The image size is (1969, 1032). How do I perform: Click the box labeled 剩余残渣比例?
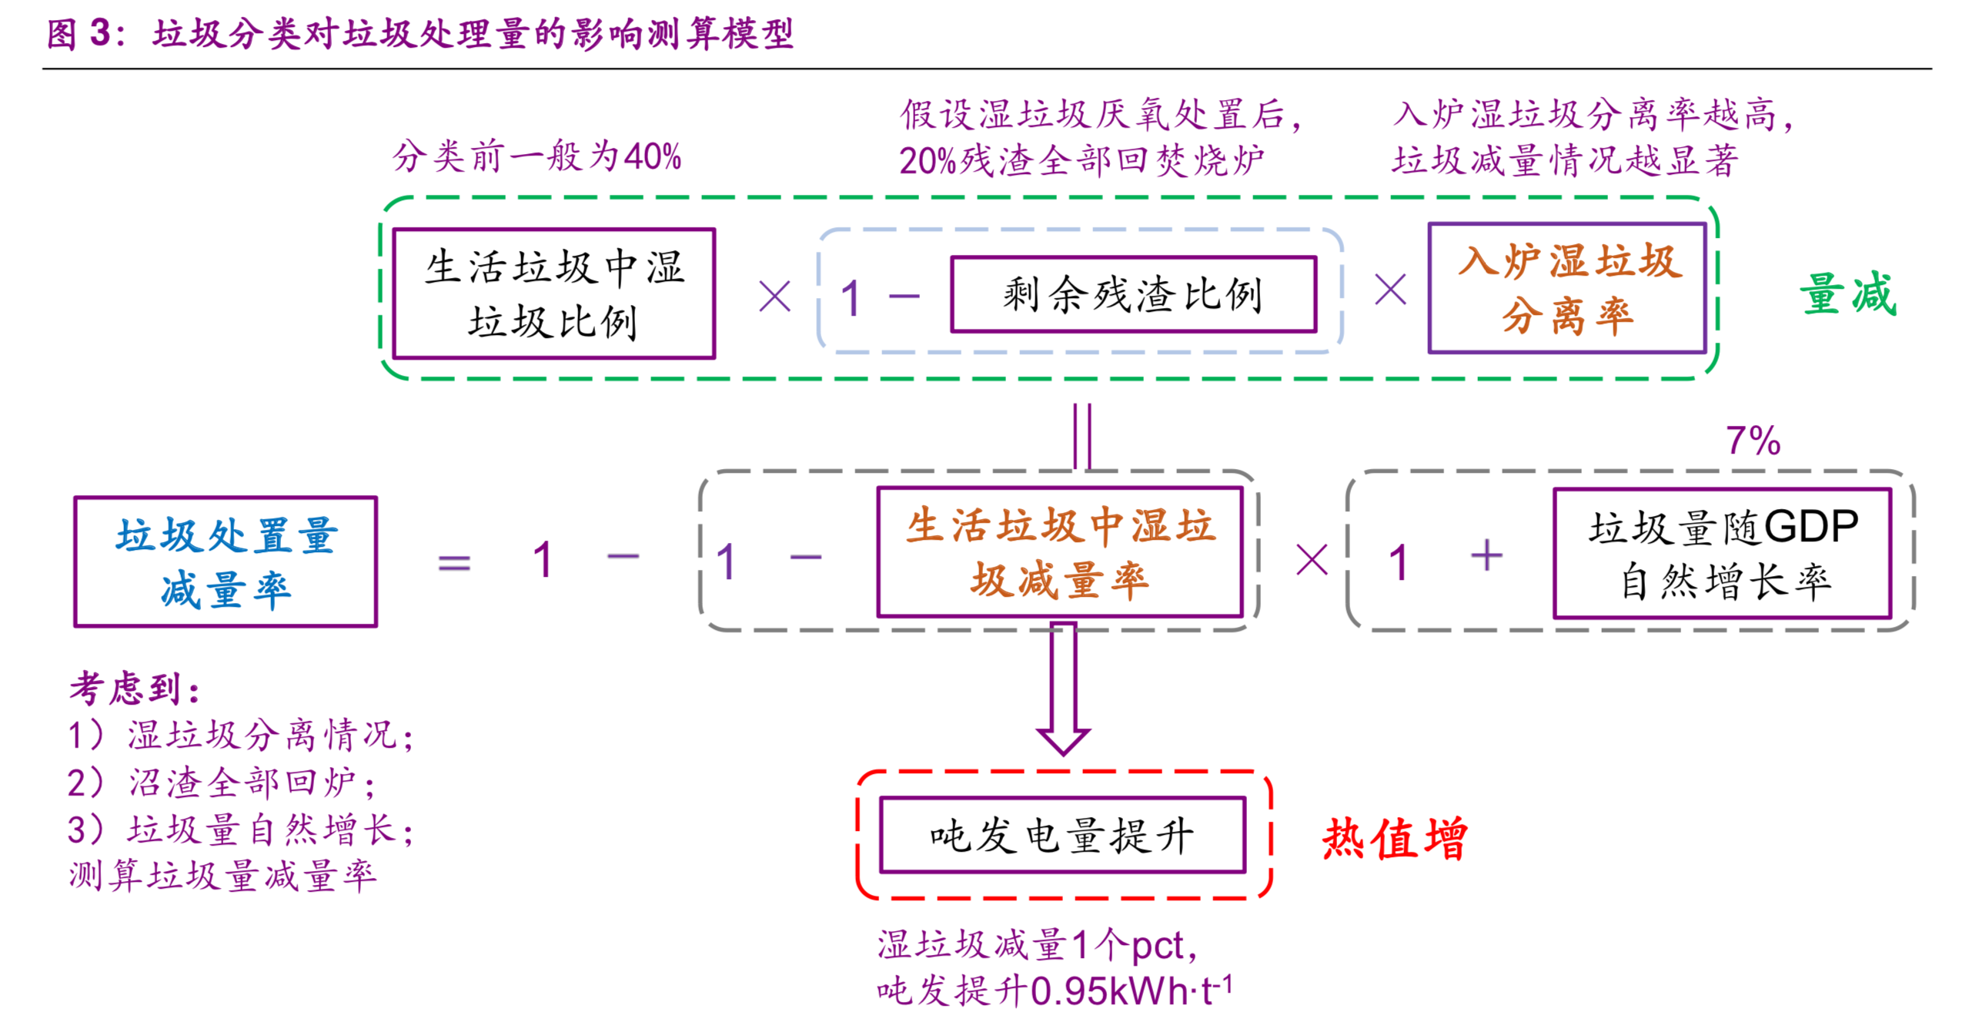(1132, 294)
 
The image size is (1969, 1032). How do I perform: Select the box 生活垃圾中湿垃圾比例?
(553, 293)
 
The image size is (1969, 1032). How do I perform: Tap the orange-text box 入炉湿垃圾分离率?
(1566, 289)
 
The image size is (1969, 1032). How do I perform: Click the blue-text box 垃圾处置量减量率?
(226, 561)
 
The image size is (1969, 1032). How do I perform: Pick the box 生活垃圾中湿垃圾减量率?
(1059, 552)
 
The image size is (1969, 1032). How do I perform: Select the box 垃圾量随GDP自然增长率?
(1721, 553)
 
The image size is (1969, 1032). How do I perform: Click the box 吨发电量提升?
(1061, 835)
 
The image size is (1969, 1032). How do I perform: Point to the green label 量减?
(1847, 293)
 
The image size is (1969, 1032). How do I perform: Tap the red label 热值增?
(1394, 838)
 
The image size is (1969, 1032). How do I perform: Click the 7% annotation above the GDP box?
(1752, 441)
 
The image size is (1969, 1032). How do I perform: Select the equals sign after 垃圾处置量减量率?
(454, 562)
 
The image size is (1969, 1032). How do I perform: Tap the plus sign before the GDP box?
(1486, 556)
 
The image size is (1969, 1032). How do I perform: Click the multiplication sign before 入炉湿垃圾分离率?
(1390, 291)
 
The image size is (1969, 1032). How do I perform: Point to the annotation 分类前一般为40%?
(537, 156)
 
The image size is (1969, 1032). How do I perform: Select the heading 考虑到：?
(135, 688)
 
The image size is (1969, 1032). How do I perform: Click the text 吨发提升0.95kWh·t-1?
(1054, 990)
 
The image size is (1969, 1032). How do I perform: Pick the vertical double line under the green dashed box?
(1081, 436)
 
